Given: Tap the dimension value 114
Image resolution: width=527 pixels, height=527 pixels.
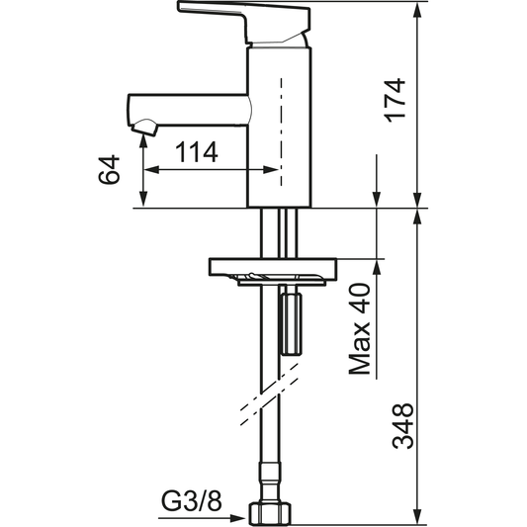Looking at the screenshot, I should (x=198, y=152).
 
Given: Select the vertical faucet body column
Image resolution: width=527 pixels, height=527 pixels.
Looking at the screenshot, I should (x=281, y=129).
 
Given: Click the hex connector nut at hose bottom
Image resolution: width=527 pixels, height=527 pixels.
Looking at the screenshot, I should (x=273, y=512).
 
